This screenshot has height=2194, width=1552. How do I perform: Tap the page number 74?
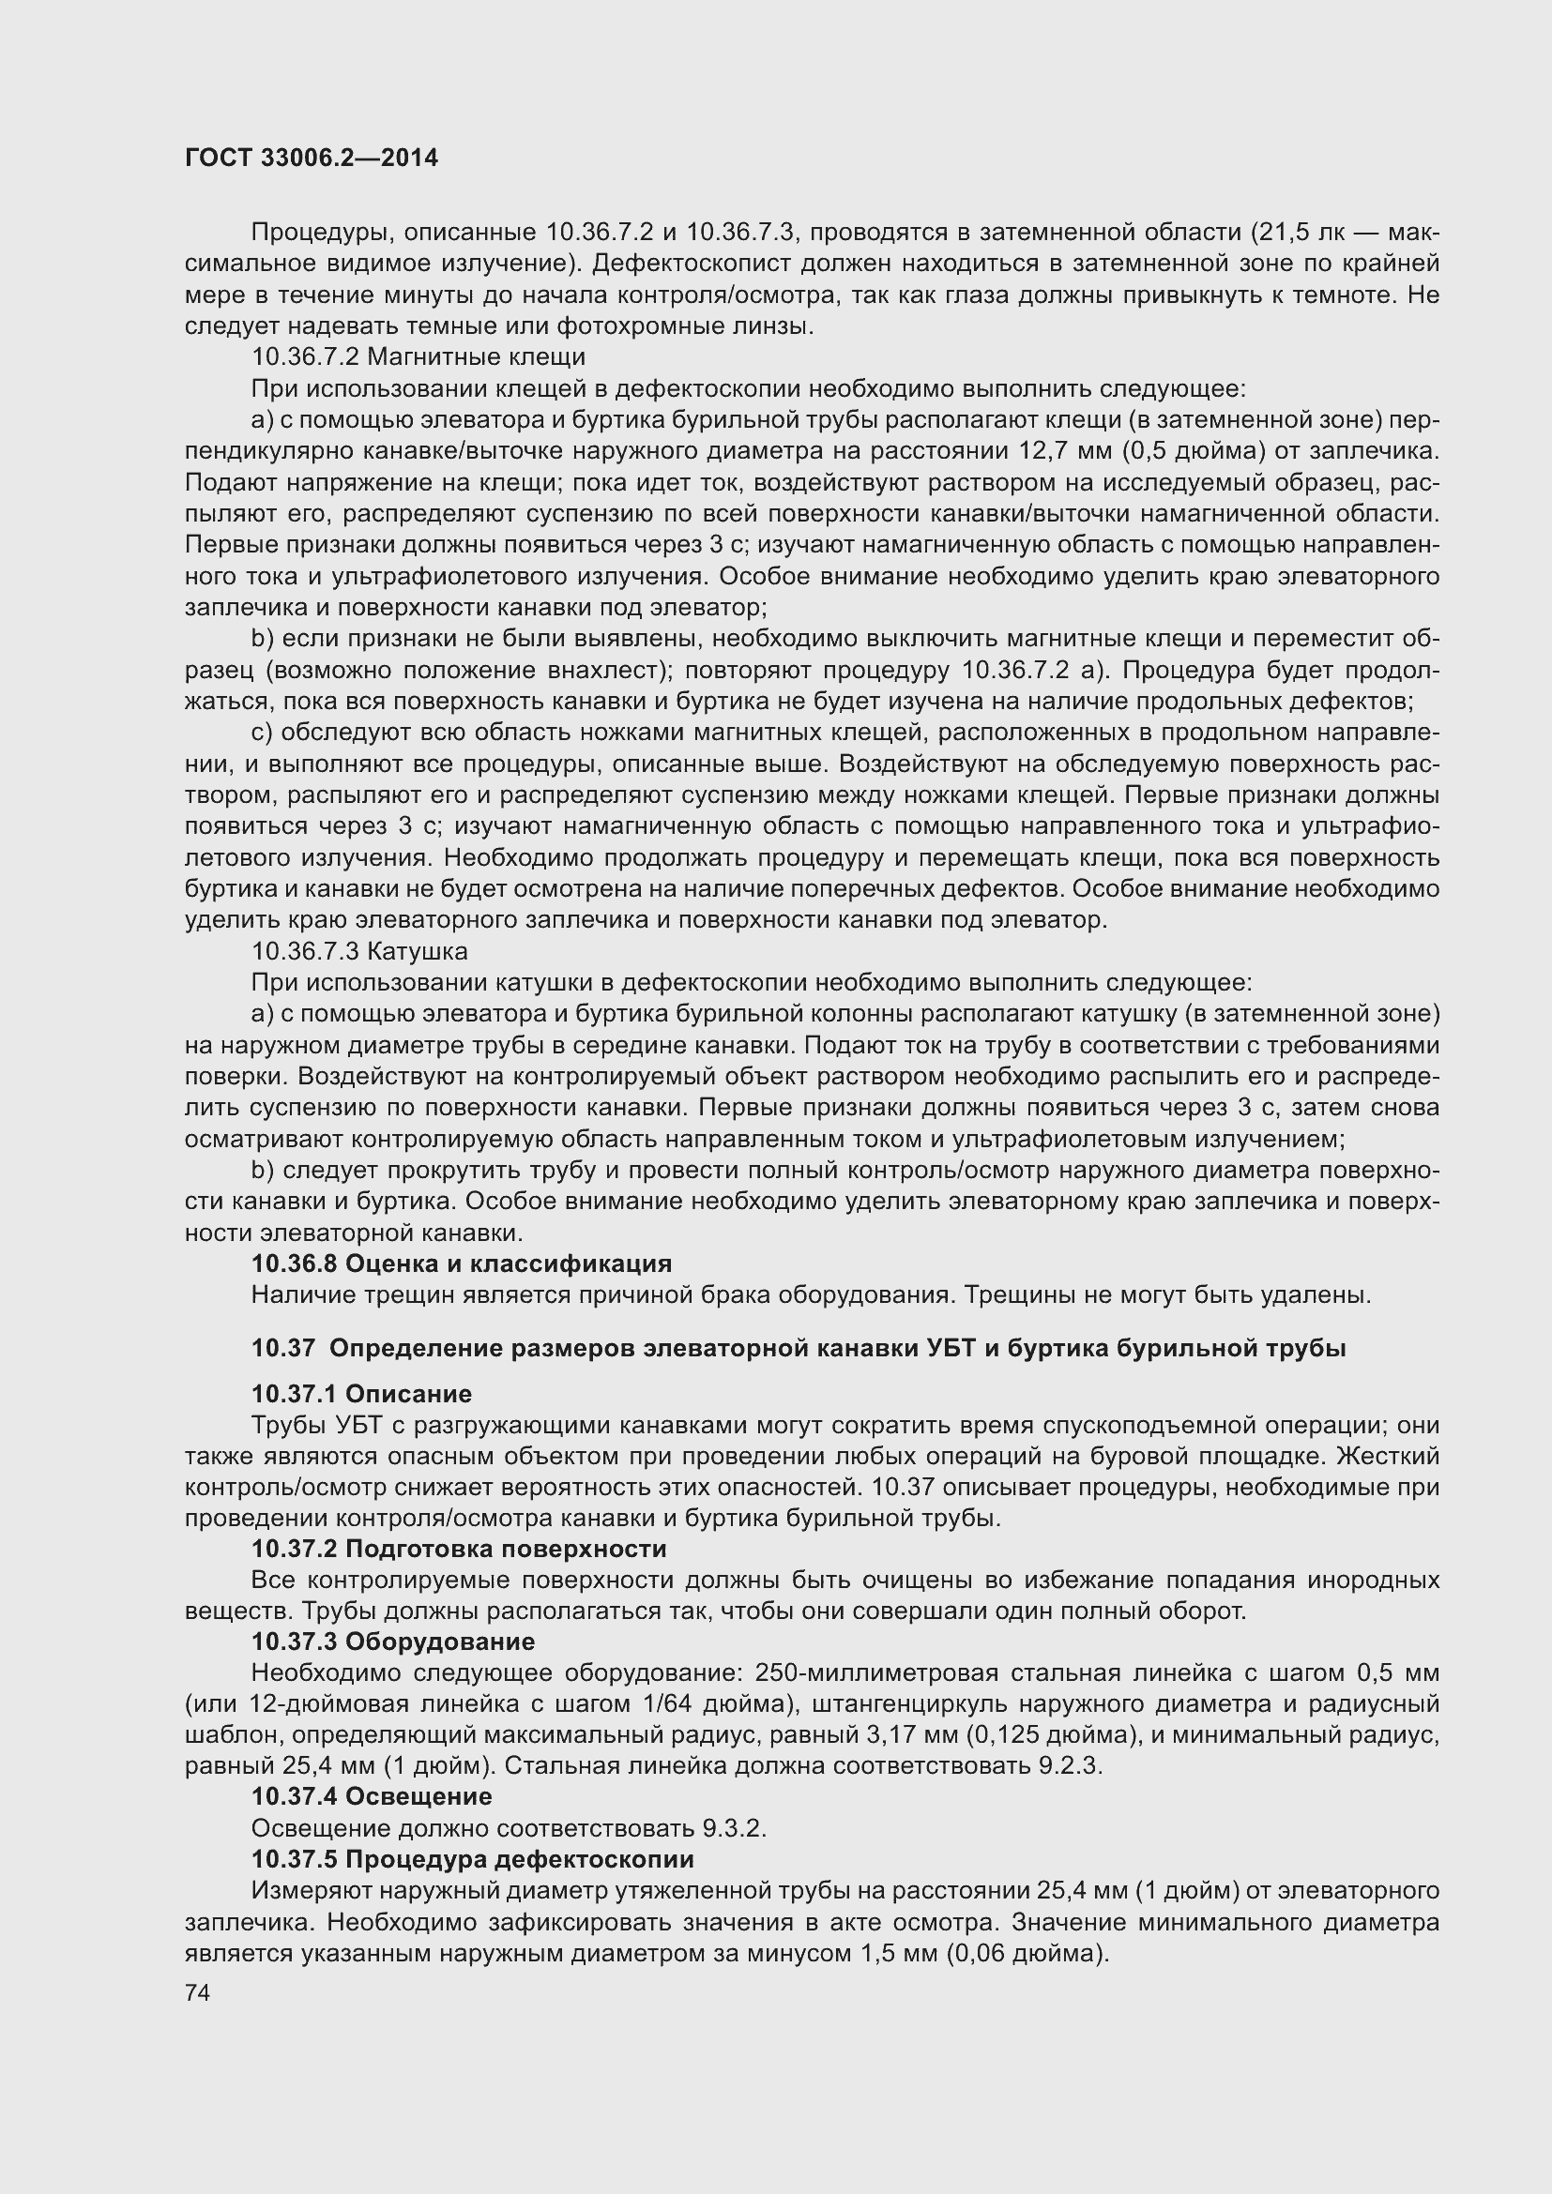point(197,1992)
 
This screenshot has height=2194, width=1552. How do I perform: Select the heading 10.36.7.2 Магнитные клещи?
point(418,357)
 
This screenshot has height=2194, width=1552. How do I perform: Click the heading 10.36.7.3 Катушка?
point(358,951)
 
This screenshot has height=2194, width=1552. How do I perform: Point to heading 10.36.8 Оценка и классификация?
point(461,1263)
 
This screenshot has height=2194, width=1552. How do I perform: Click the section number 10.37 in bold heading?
point(281,1348)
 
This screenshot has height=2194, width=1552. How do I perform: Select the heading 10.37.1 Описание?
point(360,1393)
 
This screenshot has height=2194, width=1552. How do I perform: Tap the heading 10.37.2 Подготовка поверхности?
point(458,1548)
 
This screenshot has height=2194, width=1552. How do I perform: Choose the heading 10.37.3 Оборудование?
point(392,1642)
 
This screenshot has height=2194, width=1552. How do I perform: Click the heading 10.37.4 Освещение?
point(371,1796)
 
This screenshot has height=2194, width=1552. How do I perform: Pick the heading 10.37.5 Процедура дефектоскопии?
point(472,1858)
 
